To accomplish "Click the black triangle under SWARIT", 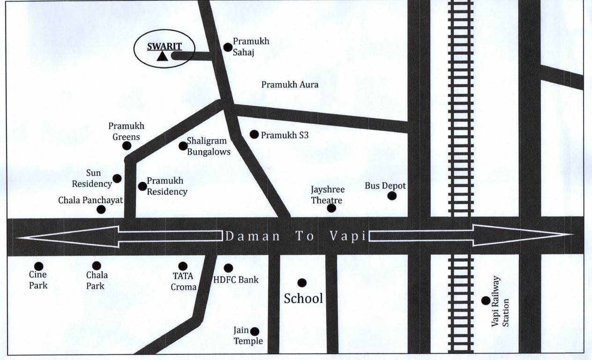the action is tap(162, 57).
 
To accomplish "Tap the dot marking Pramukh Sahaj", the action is tap(228, 47).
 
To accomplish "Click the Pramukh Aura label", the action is tap(290, 85).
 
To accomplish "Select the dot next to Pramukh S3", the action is tap(254, 135).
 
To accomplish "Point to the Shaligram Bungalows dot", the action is tap(183, 146).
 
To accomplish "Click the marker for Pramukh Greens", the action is tap(127, 146).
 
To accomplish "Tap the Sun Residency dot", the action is tap(117, 179).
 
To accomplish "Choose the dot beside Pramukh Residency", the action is tap(142, 186).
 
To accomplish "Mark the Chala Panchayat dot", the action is tap(101, 209).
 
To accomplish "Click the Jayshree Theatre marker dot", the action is tap(331, 208).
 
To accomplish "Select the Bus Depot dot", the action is tap(392, 196).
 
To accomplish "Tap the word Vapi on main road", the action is tap(347, 236).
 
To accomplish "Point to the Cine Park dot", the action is tap(38, 266).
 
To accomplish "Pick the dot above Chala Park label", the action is tap(97, 266).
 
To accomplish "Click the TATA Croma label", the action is tap(183, 282).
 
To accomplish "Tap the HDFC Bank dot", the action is tap(228, 268).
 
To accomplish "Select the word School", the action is tap(303, 299).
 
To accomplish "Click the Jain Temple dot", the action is tap(255, 331).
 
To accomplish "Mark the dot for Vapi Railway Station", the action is tap(486, 300).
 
